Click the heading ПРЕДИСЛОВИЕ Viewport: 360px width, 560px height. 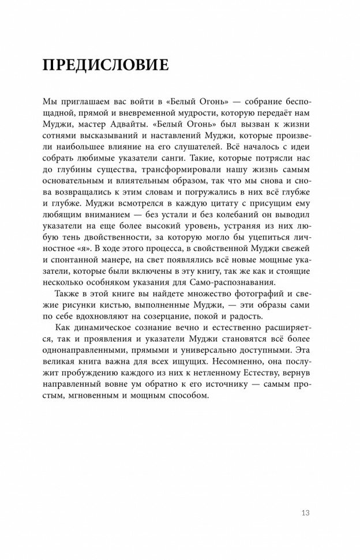pos(106,64)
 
